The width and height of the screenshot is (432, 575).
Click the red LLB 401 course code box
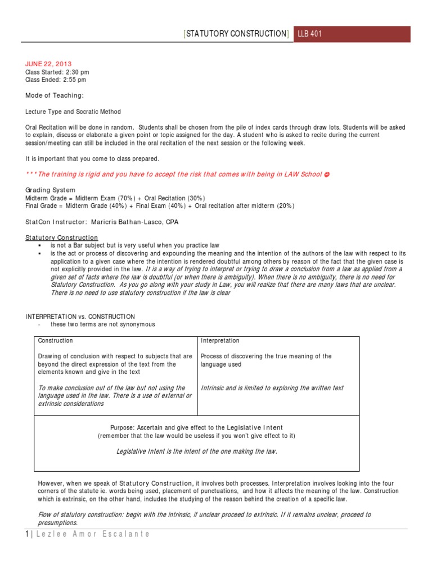tap(352, 34)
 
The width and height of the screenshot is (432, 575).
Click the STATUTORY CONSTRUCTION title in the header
tap(236, 34)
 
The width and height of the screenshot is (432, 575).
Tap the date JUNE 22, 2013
tap(48, 64)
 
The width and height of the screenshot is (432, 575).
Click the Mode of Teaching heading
tap(55, 95)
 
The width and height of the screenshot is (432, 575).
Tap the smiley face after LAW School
tap(327, 175)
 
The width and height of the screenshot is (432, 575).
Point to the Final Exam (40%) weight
tap(161, 206)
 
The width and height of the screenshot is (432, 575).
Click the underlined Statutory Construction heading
tap(61, 238)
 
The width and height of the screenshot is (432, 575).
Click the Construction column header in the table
tap(55, 341)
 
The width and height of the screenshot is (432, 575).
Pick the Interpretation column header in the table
tap(220, 341)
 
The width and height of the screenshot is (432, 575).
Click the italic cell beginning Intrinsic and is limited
tap(272, 388)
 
